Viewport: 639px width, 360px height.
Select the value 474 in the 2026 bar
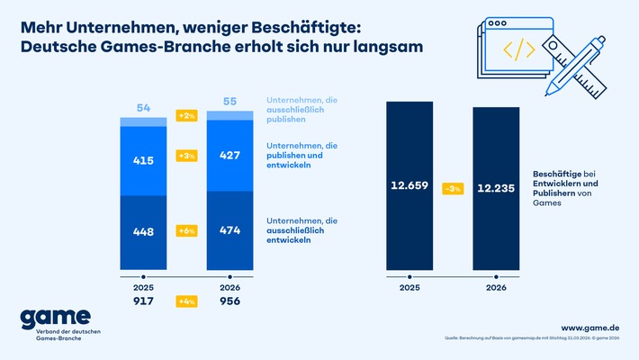229,229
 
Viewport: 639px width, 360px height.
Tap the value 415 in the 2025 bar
142,160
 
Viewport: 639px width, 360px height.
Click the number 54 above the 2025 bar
142,108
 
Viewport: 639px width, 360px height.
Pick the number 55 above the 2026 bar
229,103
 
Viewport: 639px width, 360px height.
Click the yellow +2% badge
186,116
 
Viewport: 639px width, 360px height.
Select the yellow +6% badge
186,230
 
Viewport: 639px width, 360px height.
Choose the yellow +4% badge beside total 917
186,301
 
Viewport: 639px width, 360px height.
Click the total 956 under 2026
229,301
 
